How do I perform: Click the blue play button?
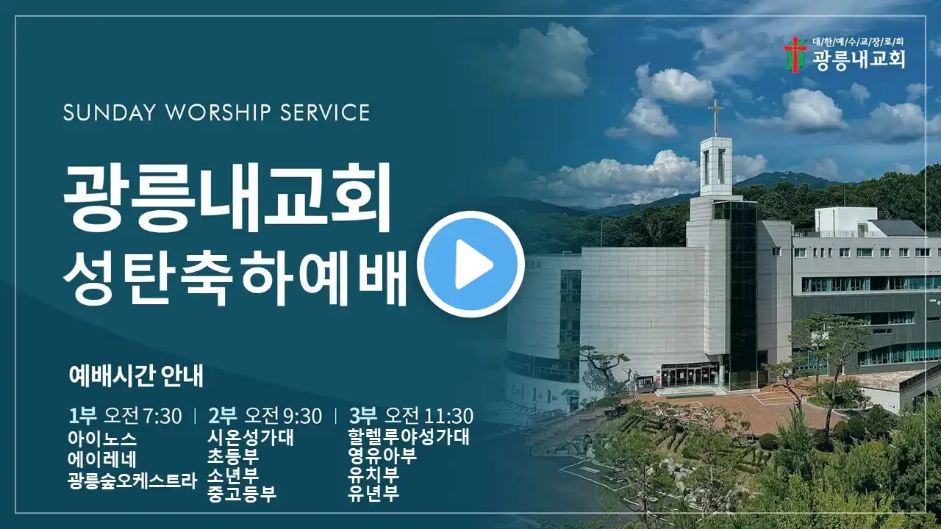click(x=470, y=264)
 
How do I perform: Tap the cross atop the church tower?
click(x=715, y=117)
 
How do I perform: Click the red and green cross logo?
click(x=795, y=55)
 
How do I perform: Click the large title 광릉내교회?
click(x=227, y=198)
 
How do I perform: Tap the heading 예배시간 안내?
click(x=136, y=375)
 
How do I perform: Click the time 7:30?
click(x=162, y=416)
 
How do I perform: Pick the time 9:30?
click(x=302, y=416)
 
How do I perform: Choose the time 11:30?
click(x=448, y=416)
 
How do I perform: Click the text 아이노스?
click(x=102, y=439)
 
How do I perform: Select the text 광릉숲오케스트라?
click(x=132, y=481)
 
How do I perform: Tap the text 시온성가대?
click(x=251, y=438)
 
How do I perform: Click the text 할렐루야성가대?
click(x=408, y=437)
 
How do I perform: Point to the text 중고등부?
click(x=242, y=493)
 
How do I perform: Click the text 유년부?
click(x=373, y=493)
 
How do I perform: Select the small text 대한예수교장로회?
click(x=858, y=42)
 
